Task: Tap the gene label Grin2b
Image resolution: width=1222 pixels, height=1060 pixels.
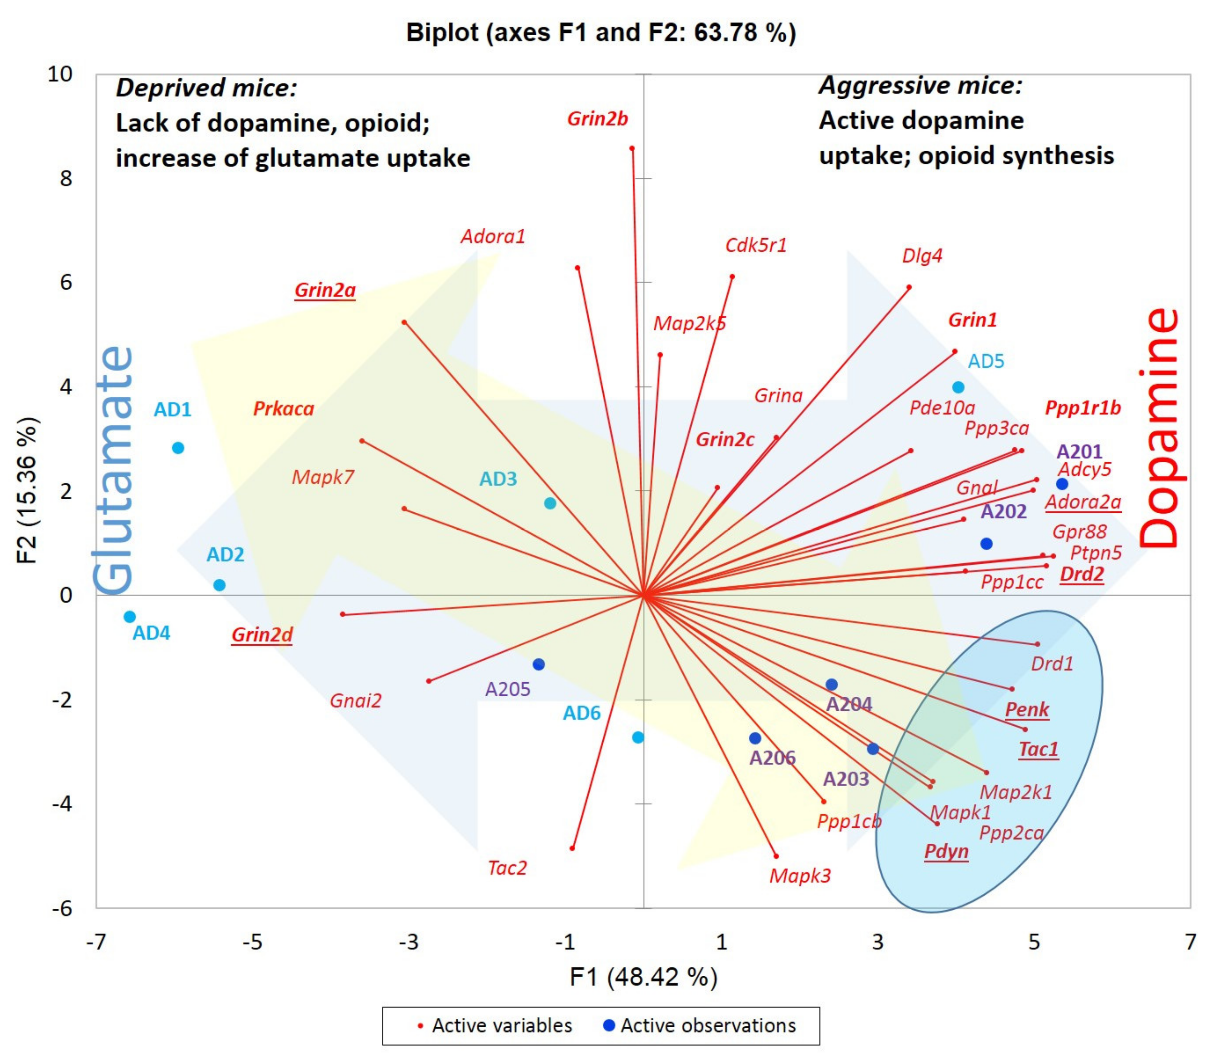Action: pyautogui.click(x=597, y=119)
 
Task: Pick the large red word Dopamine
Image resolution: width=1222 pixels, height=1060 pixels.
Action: pyautogui.click(x=1159, y=429)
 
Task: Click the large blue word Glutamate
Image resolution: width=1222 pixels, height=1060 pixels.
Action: pyautogui.click(x=113, y=470)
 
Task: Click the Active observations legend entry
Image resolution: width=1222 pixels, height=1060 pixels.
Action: pyautogui.click(x=701, y=1025)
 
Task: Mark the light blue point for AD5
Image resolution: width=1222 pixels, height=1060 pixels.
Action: pyautogui.click(x=958, y=388)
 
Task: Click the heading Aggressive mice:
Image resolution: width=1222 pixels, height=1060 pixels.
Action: pyautogui.click(x=920, y=85)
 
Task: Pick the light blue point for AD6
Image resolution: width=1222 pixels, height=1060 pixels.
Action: pyautogui.click(x=638, y=737)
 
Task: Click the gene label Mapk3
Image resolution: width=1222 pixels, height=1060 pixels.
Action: pyautogui.click(x=800, y=875)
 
